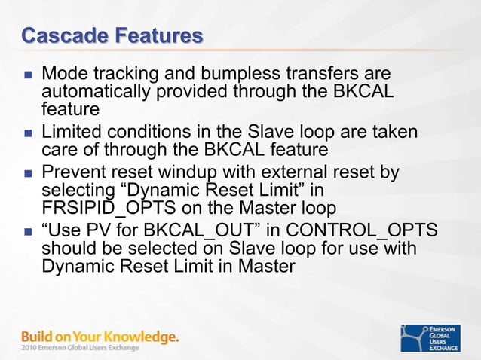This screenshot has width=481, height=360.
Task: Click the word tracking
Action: (123, 75)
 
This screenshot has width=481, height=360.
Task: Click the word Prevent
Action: (72, 172)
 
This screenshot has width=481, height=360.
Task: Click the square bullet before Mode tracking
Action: (28, 75)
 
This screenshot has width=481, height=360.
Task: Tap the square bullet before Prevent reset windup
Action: (28, 173)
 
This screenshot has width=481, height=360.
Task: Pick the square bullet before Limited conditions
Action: (28, 133)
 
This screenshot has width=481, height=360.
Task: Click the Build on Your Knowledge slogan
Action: (100, 337)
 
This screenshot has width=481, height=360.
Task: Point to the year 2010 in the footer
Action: (31, 348)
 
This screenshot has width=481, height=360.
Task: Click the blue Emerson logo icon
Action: (414, 338)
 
